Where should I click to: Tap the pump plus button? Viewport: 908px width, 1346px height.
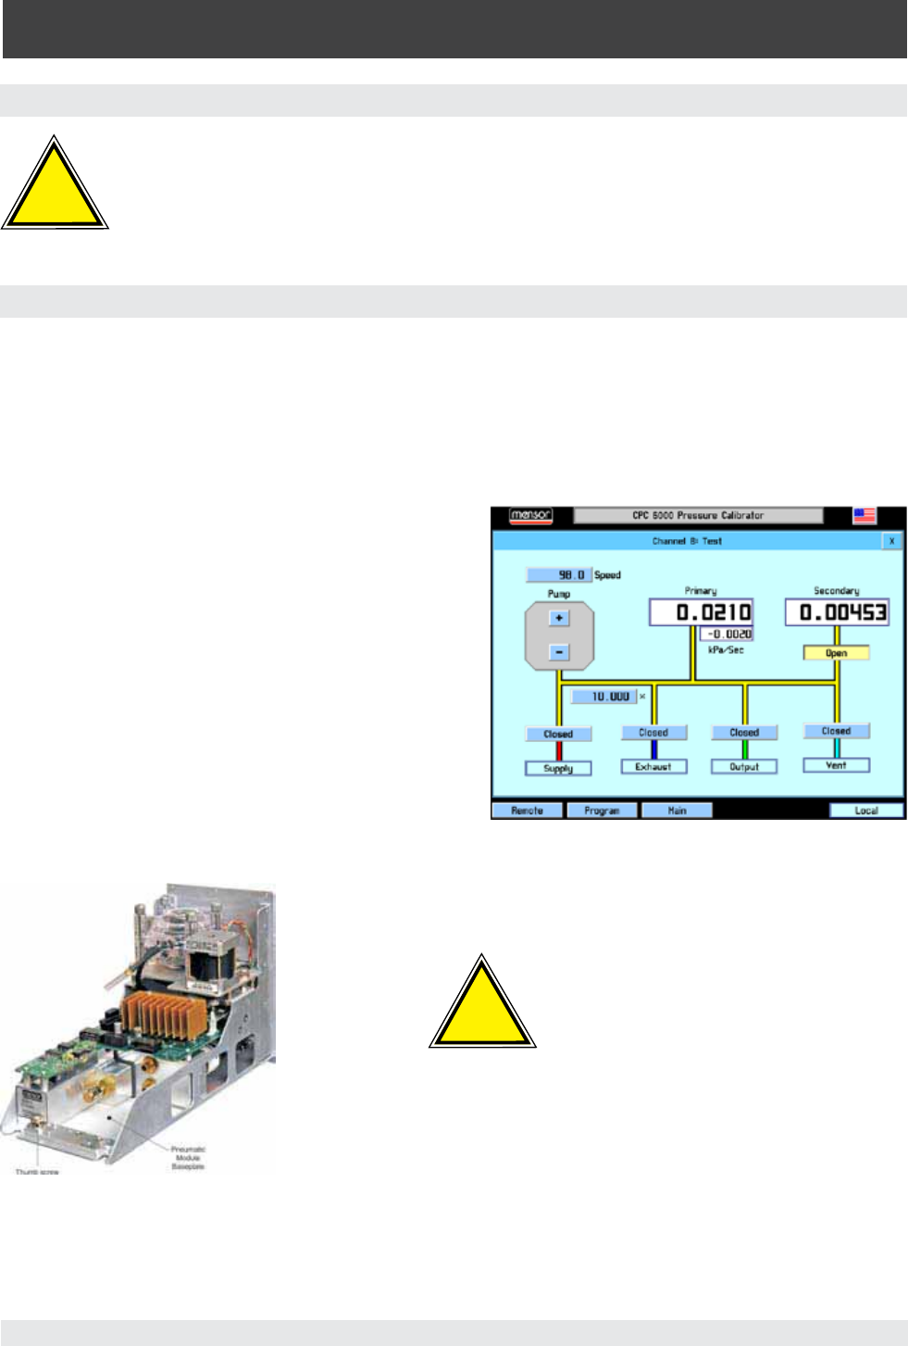pos(558,618)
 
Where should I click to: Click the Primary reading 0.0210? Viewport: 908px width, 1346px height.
pos(701,612)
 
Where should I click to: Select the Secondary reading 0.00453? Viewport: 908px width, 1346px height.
pos(837,612)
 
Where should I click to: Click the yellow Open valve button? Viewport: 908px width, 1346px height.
pos(836,653)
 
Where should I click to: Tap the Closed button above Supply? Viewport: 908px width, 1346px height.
pos(558,734)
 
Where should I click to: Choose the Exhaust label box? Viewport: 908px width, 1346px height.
pos(653,767)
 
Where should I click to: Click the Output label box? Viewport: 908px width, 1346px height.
pos(743,767)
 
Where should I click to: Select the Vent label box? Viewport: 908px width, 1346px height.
pos(836,765)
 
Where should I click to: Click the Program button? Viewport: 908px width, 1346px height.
pos(602,811)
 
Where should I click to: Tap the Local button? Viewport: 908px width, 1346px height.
pos(866,811)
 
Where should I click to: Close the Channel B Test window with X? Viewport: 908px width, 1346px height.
pos(891,541)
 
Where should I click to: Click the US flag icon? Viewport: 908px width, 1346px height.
pos(864,515)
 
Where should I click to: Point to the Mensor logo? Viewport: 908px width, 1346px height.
pos(531,515)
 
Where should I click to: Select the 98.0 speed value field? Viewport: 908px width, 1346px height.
pos(559,575)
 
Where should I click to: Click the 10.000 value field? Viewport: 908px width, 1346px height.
pos(603,697)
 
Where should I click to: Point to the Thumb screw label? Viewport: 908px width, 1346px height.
pos(37,1172)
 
